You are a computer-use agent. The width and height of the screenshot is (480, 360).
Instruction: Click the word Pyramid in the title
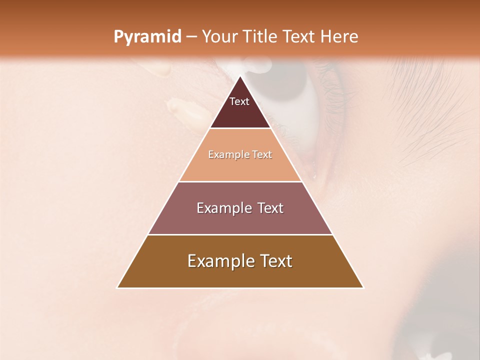pos(147,37)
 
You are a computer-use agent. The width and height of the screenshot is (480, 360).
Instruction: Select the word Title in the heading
pos(261,37)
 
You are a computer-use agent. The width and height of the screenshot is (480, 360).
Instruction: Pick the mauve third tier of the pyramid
pos(240,220)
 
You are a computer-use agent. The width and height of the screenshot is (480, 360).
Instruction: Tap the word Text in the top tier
pos(239,101)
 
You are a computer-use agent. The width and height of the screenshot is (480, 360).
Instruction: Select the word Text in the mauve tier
pos(270,208)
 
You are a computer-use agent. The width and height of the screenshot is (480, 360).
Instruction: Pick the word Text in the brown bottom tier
pos(275,261)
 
